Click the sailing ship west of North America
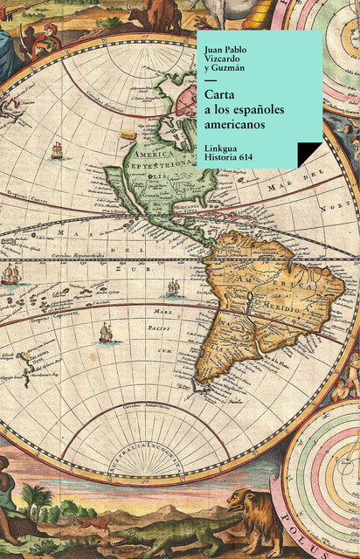point(58,151)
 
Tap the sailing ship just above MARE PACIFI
point(106,332)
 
